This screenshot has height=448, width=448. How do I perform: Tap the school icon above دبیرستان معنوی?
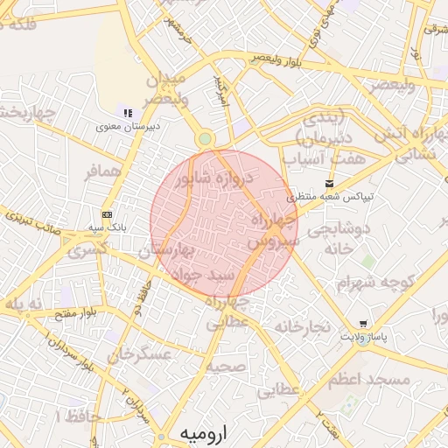(129, 113)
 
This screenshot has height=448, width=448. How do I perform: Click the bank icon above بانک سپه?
(107, 214)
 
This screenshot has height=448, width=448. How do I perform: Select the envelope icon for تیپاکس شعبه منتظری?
(329, 184)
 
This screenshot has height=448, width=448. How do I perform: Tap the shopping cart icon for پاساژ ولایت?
(363, 324)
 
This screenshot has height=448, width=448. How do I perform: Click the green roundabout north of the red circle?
(205, 138)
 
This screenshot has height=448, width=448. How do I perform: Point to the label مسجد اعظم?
(369, 381)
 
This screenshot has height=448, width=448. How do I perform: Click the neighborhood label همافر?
(101, 171)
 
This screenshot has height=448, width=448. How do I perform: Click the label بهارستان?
(170, 253)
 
